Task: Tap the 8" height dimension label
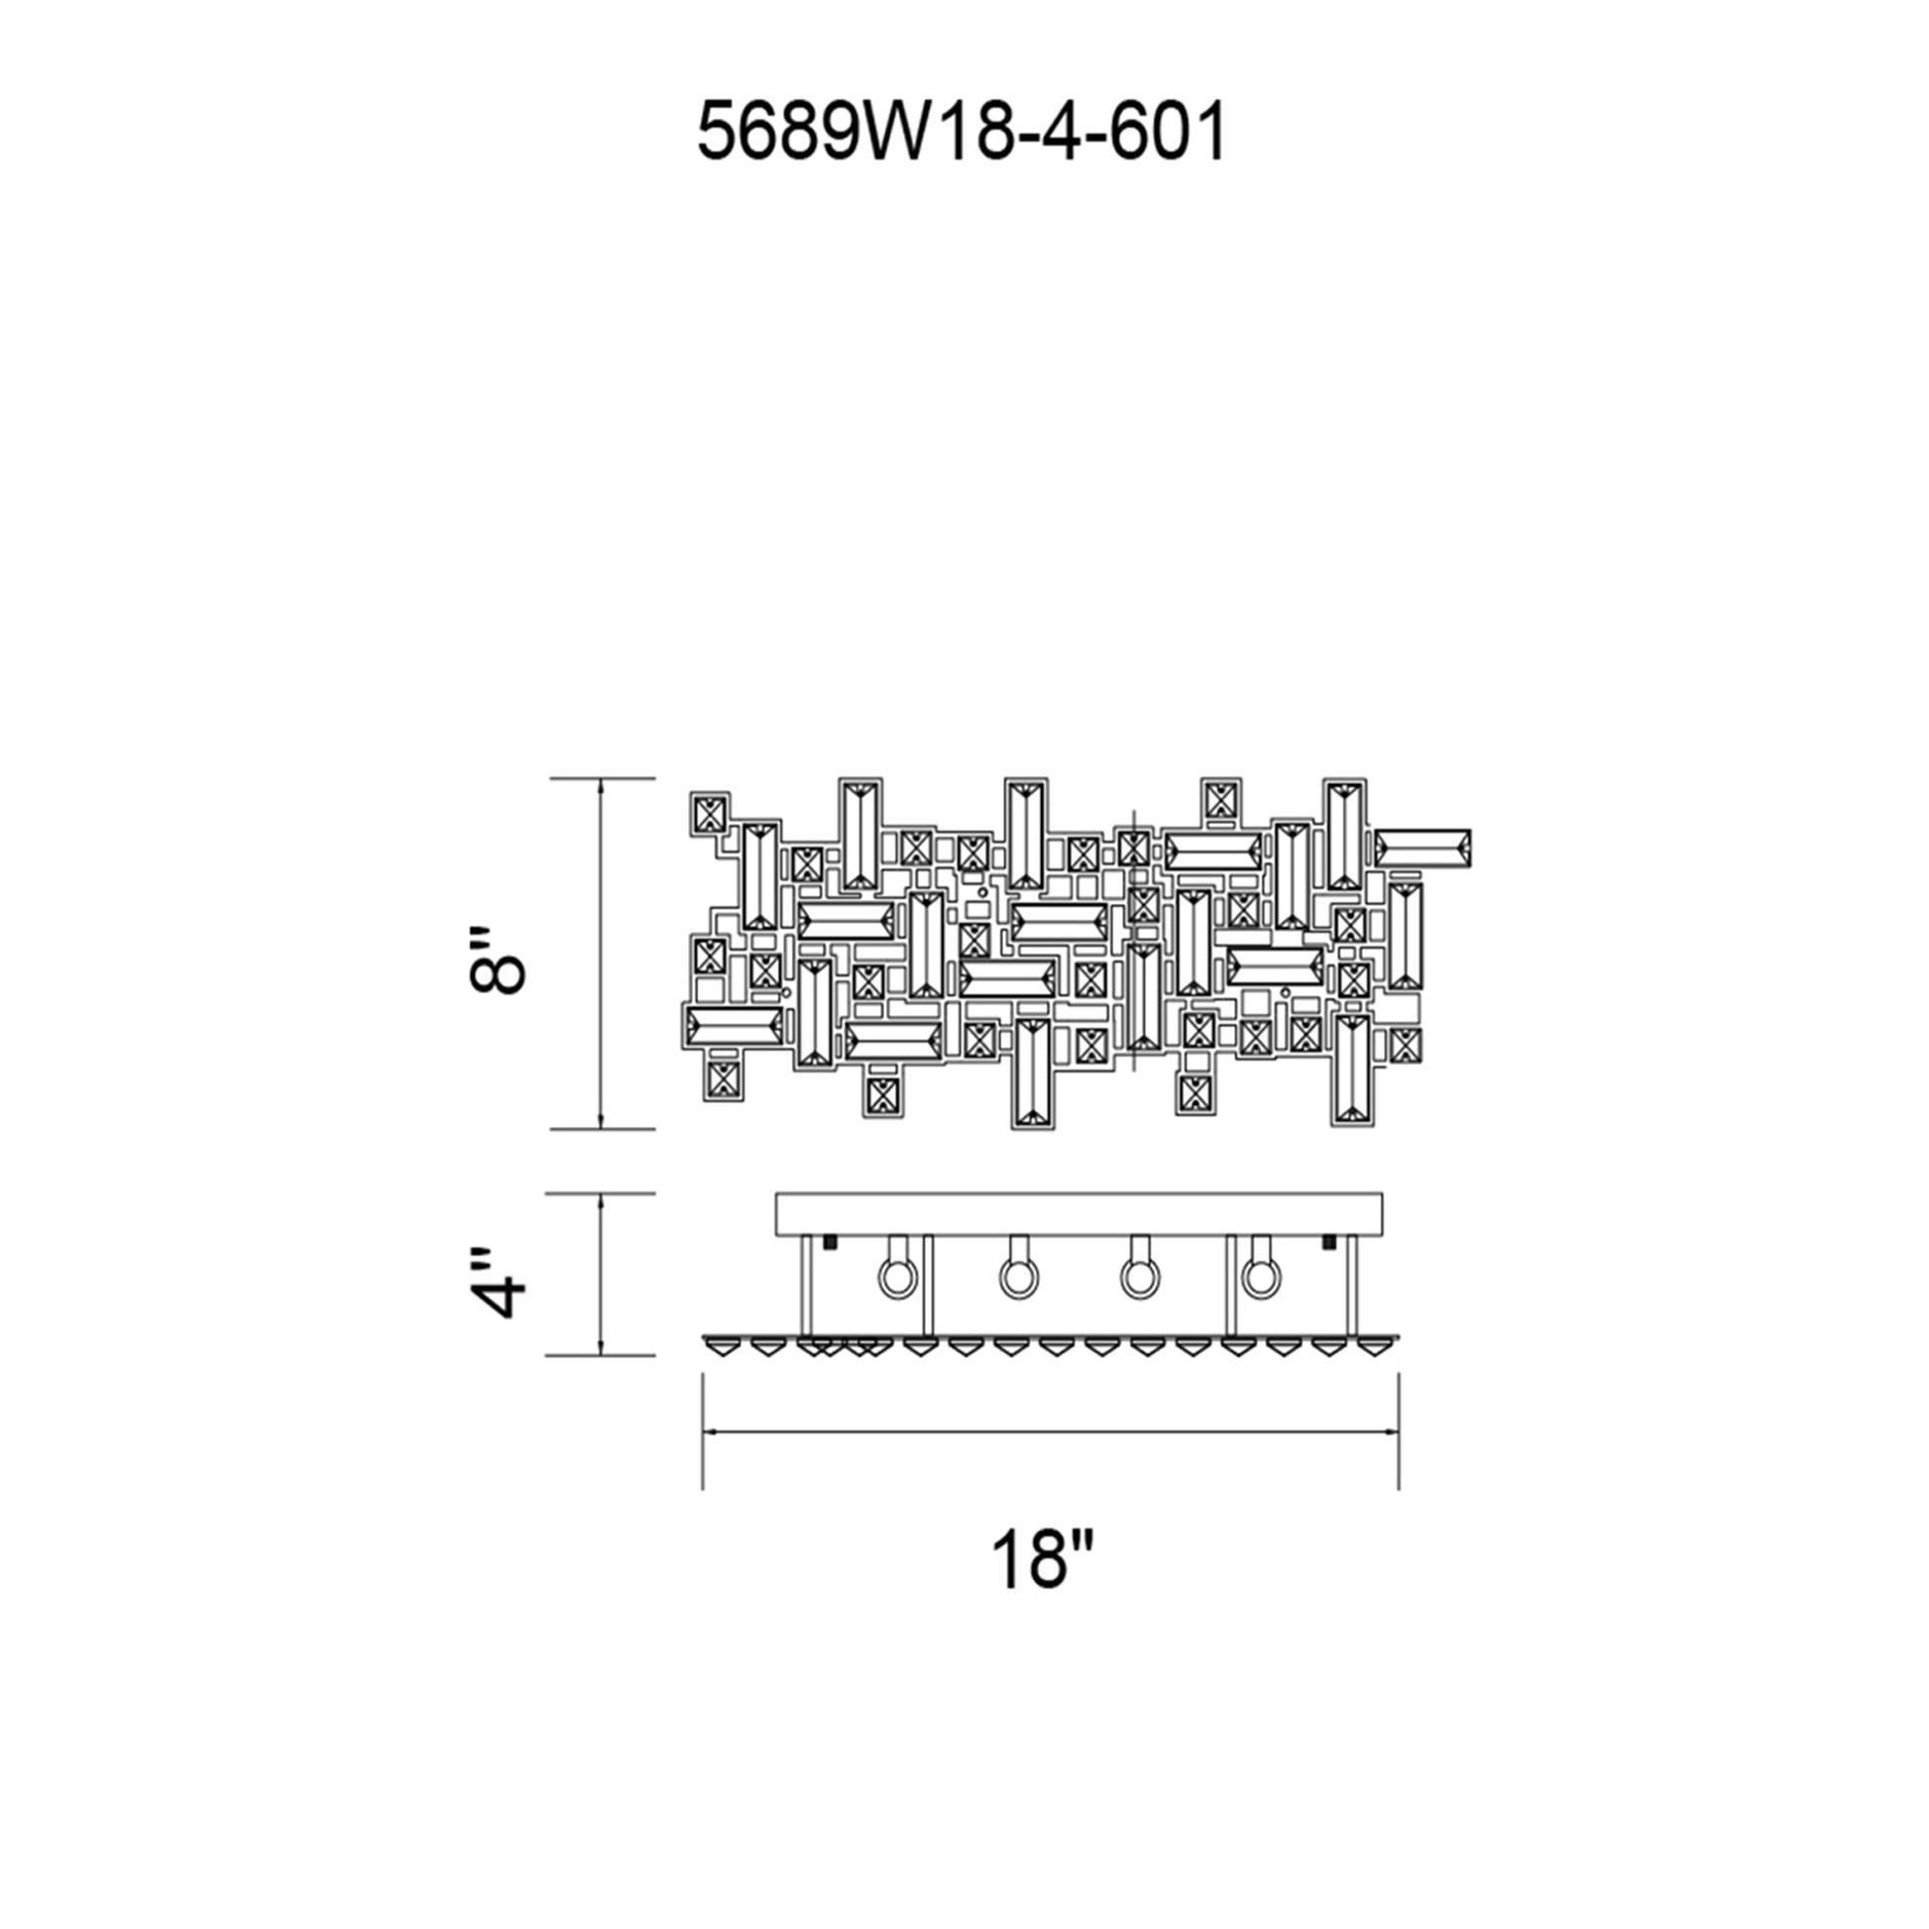click(x=497, y=960)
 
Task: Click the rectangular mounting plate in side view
click(x=1079, y=1213)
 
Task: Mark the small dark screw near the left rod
click(x=828, y=1242)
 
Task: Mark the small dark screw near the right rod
click(x=1329, y=1242)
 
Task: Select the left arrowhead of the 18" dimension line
click(x=710, y=1431)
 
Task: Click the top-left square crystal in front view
click(x=711, y=816)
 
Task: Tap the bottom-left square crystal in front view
click(x=721, y=1080)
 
